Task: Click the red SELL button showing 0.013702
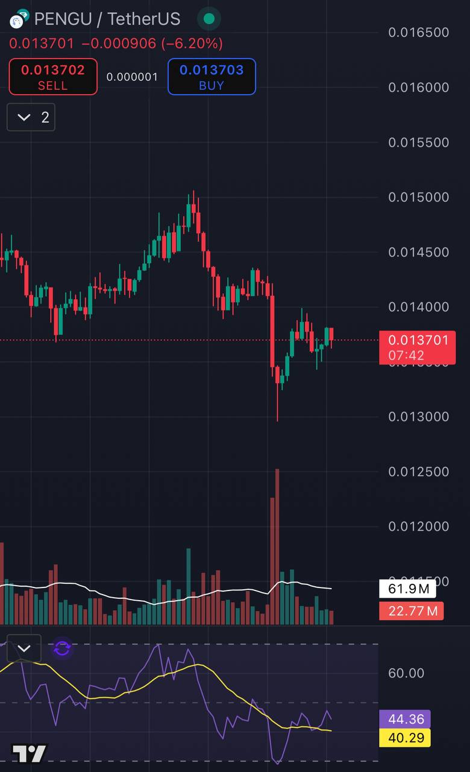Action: point(53,77)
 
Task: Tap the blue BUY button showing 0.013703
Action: point(211,77)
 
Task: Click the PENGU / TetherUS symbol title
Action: point(107,19)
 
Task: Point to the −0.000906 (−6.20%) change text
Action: point(152,43)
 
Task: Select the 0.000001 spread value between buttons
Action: point(132,77)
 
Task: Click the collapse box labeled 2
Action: point(31,117)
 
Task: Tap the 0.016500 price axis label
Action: point(419,33)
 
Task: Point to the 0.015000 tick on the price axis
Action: point(419,197)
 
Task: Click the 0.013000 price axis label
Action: point(419,417)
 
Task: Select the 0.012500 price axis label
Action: point(419,472)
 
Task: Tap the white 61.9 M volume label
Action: point(408,589)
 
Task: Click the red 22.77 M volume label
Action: point(412,611)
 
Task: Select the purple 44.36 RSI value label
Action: point(405,719)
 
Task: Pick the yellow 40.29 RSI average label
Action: point(405,738)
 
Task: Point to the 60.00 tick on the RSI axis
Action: point(406,673)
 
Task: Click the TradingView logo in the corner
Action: point(29,754)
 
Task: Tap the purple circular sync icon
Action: point(62,649)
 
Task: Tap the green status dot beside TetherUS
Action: point(209,19)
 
